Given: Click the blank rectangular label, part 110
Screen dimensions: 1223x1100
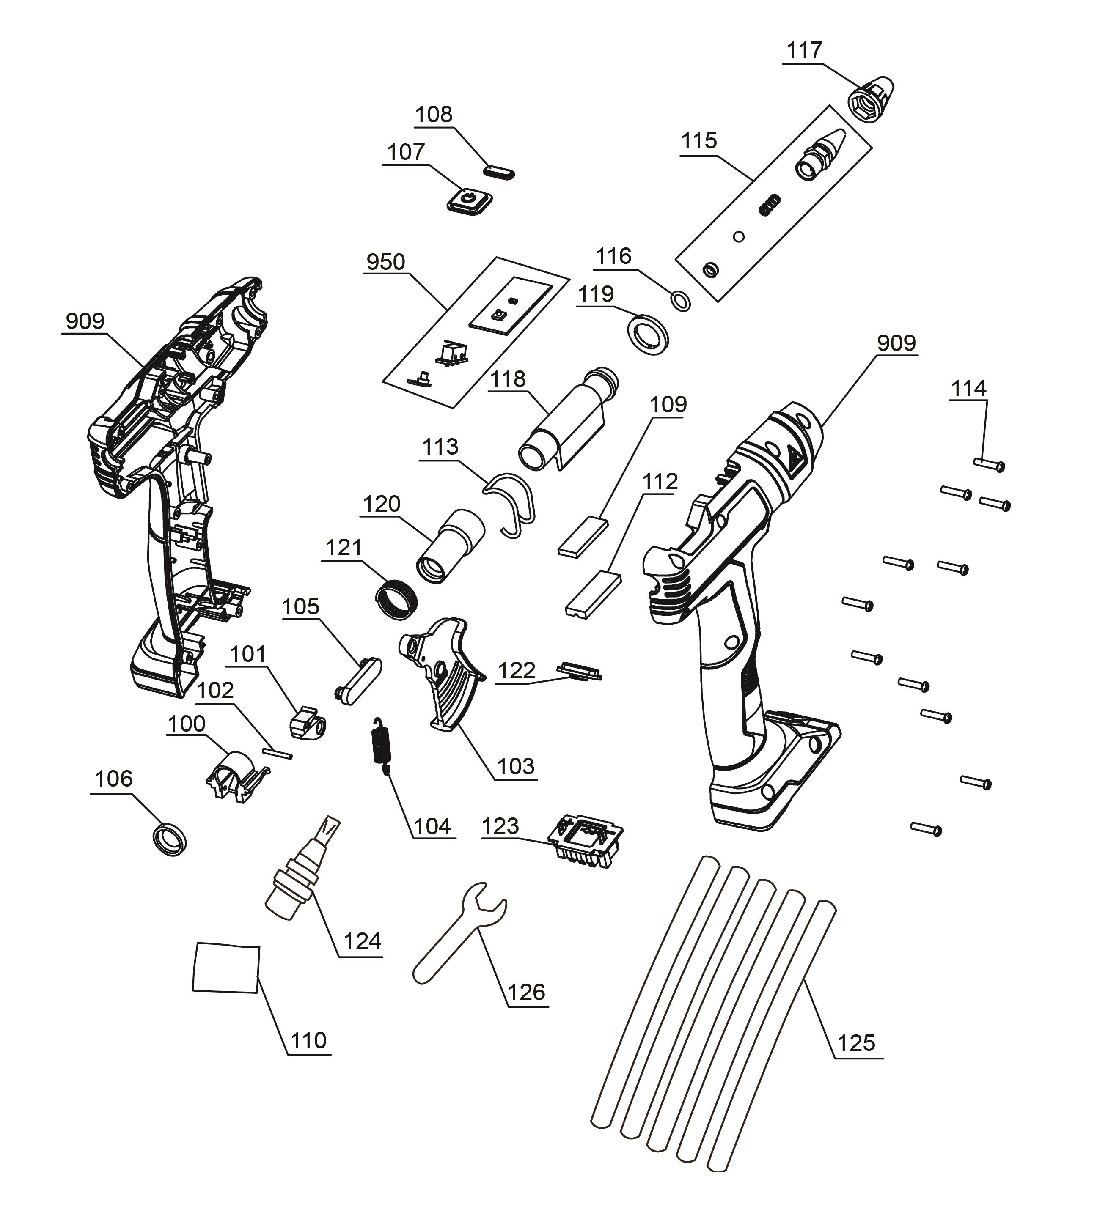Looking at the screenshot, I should point(226,968).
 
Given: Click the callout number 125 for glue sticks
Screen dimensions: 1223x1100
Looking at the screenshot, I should point(856,1043).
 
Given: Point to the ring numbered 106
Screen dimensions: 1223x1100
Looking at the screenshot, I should point(169,839).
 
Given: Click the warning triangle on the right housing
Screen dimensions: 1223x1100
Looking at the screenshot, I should point(792,462).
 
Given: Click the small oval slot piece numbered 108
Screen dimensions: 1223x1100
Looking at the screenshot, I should point(500,171).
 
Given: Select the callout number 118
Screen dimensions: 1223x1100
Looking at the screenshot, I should point(508,379).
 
